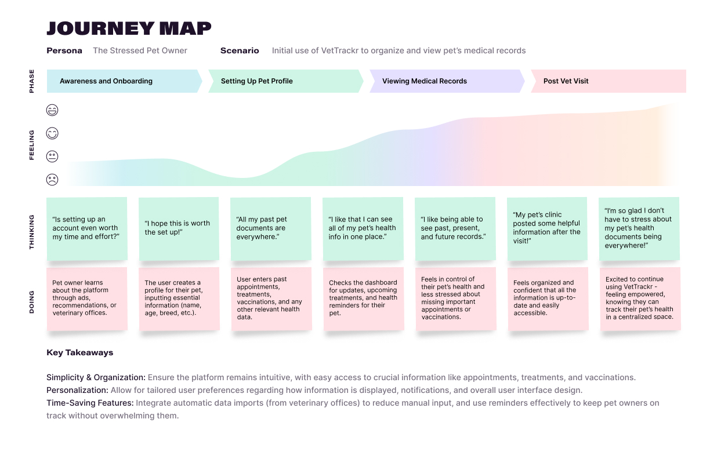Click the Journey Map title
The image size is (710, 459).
[129, 28]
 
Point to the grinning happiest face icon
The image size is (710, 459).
[52, 110]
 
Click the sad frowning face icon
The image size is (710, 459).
[52, 180]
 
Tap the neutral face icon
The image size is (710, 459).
[52, 156]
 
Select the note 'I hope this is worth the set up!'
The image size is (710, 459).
[179, 228]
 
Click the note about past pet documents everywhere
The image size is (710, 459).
[270, 228]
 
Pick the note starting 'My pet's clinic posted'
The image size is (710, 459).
[547, 228]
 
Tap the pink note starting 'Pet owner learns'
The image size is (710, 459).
[86, 298]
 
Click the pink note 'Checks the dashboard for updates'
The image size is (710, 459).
[363, 298]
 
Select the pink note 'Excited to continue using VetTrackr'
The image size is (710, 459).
[640, 298]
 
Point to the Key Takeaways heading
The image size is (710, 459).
[80, 352]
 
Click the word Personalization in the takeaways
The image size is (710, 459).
[77, 390]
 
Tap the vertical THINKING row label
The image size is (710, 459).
[32, 232]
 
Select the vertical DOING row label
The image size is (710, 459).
[32, 302]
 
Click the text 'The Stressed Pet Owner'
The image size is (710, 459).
[140, 50]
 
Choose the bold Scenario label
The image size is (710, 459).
[240, 50]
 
